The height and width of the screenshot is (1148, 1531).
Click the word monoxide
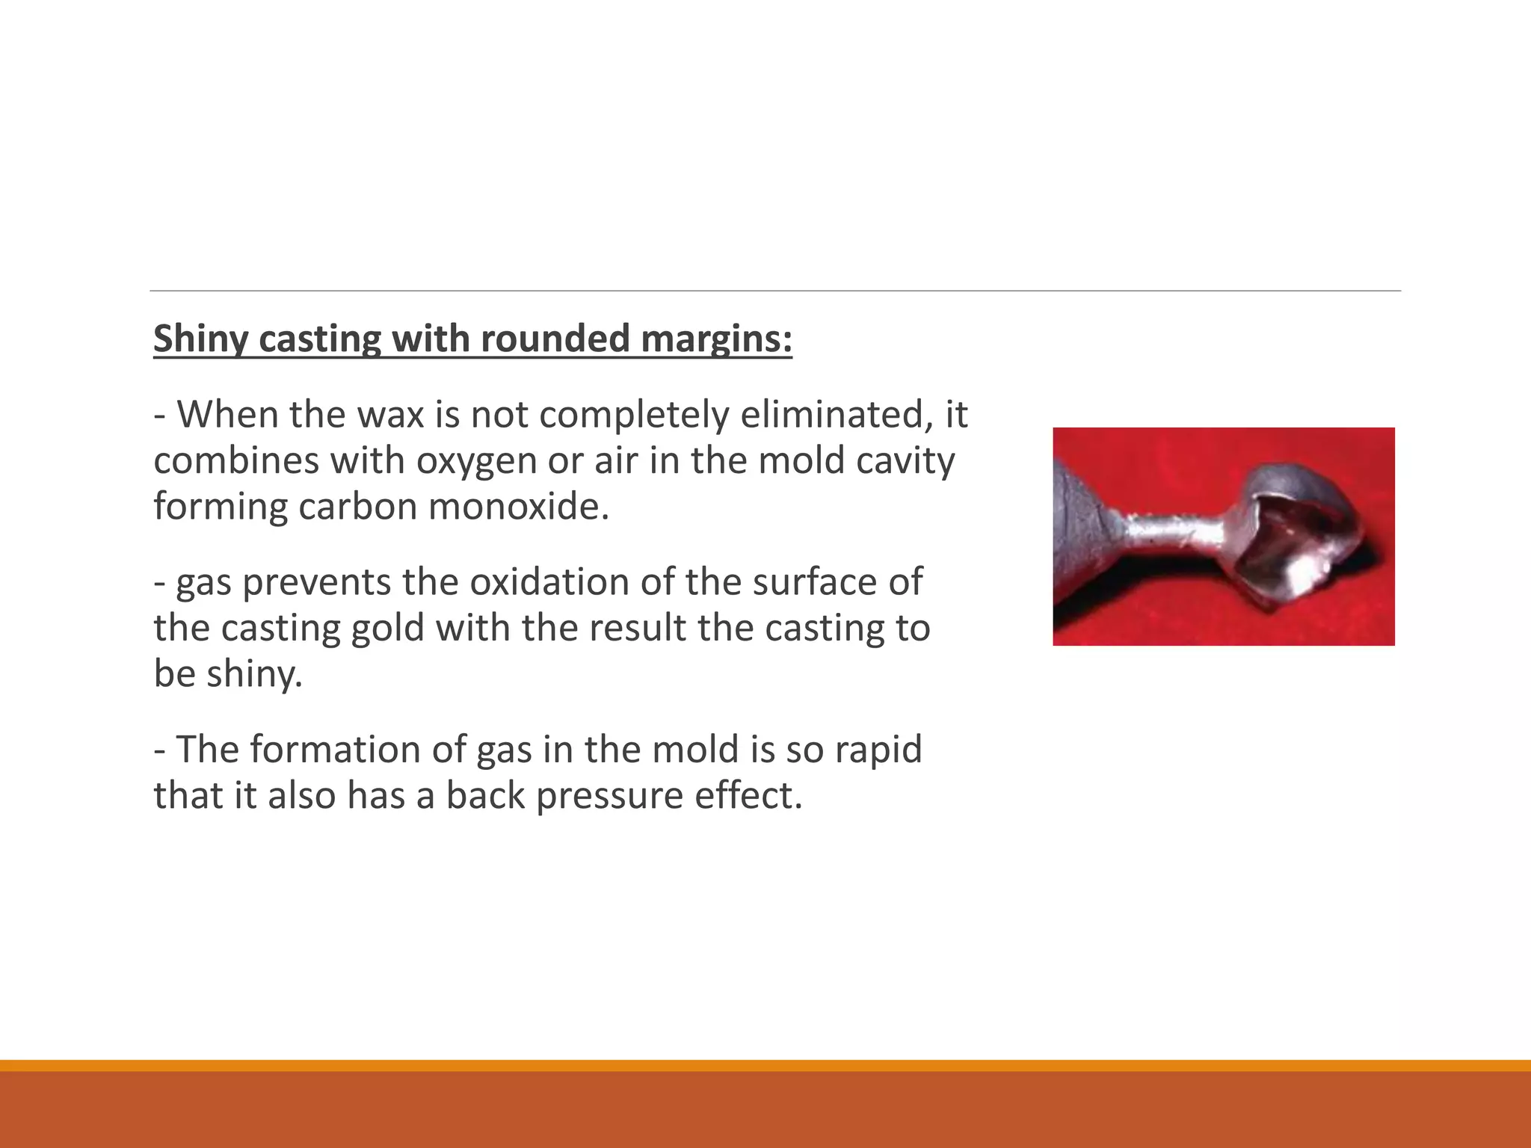tap(519, 506)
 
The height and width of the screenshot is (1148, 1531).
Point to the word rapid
tap(878, 749)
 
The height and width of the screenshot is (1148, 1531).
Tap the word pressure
tap(609, 795)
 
